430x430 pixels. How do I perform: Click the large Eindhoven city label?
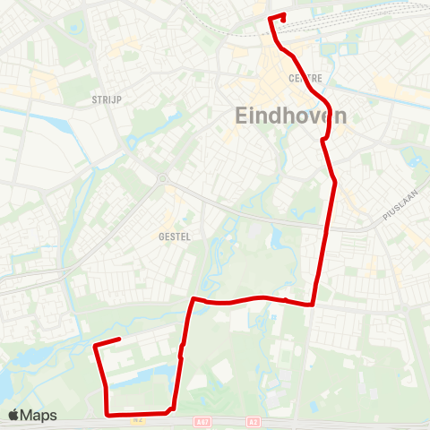point(290,115)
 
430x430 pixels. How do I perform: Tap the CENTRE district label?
point(305,79)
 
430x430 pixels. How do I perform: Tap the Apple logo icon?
point(13,415)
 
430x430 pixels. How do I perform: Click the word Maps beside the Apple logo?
point(39,415)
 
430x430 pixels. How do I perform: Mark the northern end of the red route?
point(283,14)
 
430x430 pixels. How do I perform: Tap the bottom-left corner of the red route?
point(107,414)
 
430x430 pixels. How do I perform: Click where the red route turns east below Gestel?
point(193,299)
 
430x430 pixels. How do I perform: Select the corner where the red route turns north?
point(314,304)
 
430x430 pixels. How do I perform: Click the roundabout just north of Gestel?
point(162,178)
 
